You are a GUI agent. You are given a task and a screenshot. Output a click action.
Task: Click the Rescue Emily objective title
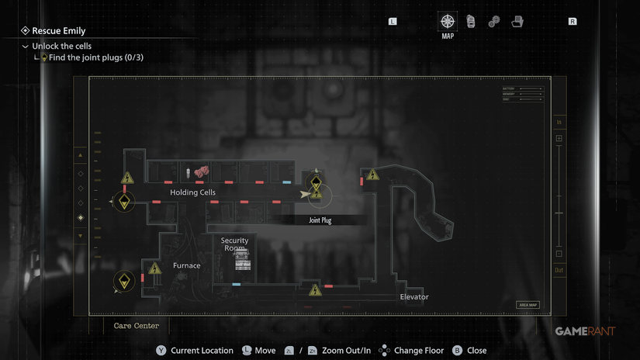click(x=58, y=31)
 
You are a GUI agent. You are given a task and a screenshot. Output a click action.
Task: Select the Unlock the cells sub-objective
click(x=61, y=47)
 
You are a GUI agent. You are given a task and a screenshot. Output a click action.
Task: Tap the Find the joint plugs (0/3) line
click(x=95, y=57)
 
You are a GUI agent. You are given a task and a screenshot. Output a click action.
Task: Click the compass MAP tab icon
click(x=448, y=22)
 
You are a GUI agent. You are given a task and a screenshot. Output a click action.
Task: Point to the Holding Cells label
click(x=192, y=192)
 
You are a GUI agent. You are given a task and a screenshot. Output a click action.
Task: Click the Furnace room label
click(x=186, y=265)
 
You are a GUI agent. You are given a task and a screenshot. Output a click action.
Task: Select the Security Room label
click(x=234, y=244)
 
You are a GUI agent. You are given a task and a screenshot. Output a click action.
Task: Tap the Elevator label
click(x=413, y=297)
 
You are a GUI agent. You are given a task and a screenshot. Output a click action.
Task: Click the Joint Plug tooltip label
click(x=320, y=220)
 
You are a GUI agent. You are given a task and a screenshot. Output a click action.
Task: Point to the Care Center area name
click(x=136, y=326)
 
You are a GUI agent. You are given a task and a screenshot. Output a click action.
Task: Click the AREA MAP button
click(x=528, y=305)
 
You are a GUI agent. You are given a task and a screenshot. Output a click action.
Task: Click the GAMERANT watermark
click(x=585, y=331)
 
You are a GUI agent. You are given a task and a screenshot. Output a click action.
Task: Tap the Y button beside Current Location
click(x=161, y=351)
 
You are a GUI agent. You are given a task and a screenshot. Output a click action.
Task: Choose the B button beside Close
click(x=457, y=351)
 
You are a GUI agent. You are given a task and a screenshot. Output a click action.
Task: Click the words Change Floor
click(x=419, y=351)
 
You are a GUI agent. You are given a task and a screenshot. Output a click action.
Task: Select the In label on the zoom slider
click(x=559, y=123)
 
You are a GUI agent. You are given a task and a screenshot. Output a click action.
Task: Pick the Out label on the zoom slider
click(x=559, y=270)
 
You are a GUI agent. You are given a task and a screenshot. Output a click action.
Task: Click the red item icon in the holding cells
click(x=202, y=170)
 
